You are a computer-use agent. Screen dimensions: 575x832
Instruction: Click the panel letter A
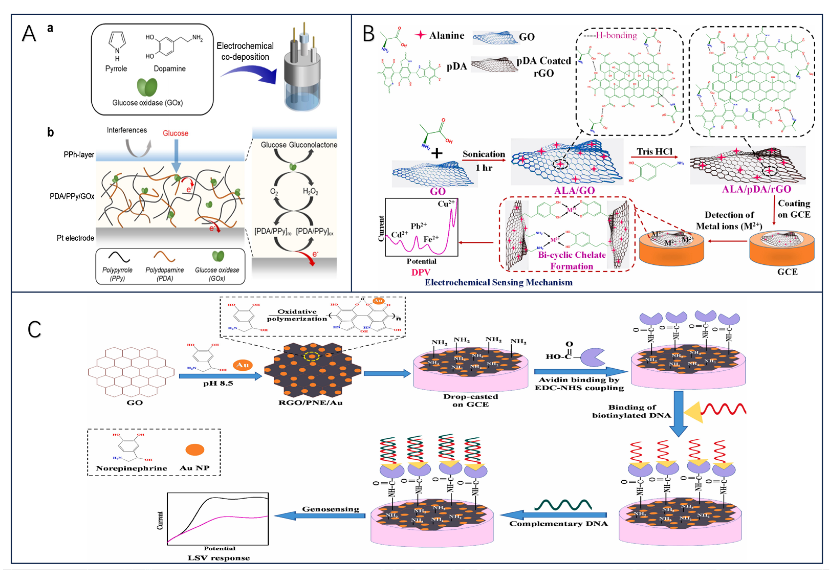tap(29, 34)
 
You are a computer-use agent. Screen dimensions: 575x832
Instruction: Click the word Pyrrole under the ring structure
tap(116, 69)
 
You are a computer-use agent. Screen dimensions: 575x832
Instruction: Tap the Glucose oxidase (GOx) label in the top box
tap(147, 103)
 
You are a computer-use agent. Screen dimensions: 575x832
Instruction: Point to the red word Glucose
tap(176, 133)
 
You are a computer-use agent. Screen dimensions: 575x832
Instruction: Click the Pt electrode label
tap(75, 238)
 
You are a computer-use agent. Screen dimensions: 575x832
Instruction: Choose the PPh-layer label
tap(79, 154)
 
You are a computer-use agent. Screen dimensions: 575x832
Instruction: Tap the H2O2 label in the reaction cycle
tap(310, 191)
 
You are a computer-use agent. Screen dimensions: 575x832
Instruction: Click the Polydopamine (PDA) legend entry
tap(165, 274)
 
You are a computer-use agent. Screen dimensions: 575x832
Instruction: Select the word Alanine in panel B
tap(447, 35)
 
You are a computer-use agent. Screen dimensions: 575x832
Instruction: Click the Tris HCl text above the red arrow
tap(654, 151)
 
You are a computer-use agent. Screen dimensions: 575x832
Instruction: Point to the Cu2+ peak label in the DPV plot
tap(446, 204)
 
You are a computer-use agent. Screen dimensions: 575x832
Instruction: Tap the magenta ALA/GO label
tap(574, 190)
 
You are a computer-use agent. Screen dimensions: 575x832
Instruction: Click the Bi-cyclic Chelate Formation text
tap(572, 260)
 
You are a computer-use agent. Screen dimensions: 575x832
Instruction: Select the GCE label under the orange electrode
tap(787, 272)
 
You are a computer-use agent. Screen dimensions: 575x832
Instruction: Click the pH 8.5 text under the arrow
tap(218, 383)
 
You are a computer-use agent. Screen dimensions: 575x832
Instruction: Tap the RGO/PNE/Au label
tap(310, 403)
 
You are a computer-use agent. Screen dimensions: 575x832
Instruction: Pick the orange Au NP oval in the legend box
tap(195, 450)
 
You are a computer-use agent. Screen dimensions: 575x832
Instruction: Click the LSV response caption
tap(219, 558)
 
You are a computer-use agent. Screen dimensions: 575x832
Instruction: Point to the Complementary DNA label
tap(558, 524)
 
